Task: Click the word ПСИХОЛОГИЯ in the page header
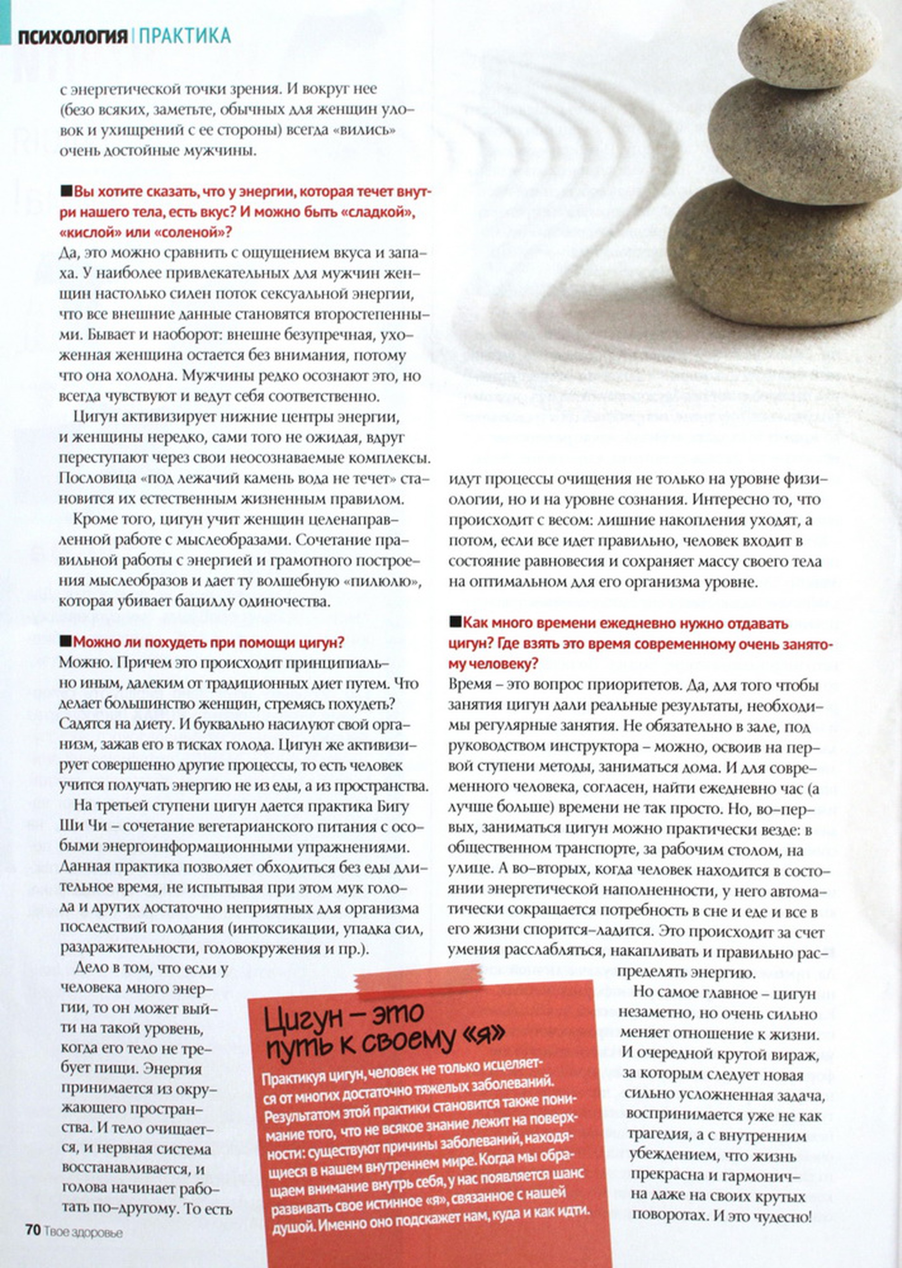(x=73, y=37)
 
